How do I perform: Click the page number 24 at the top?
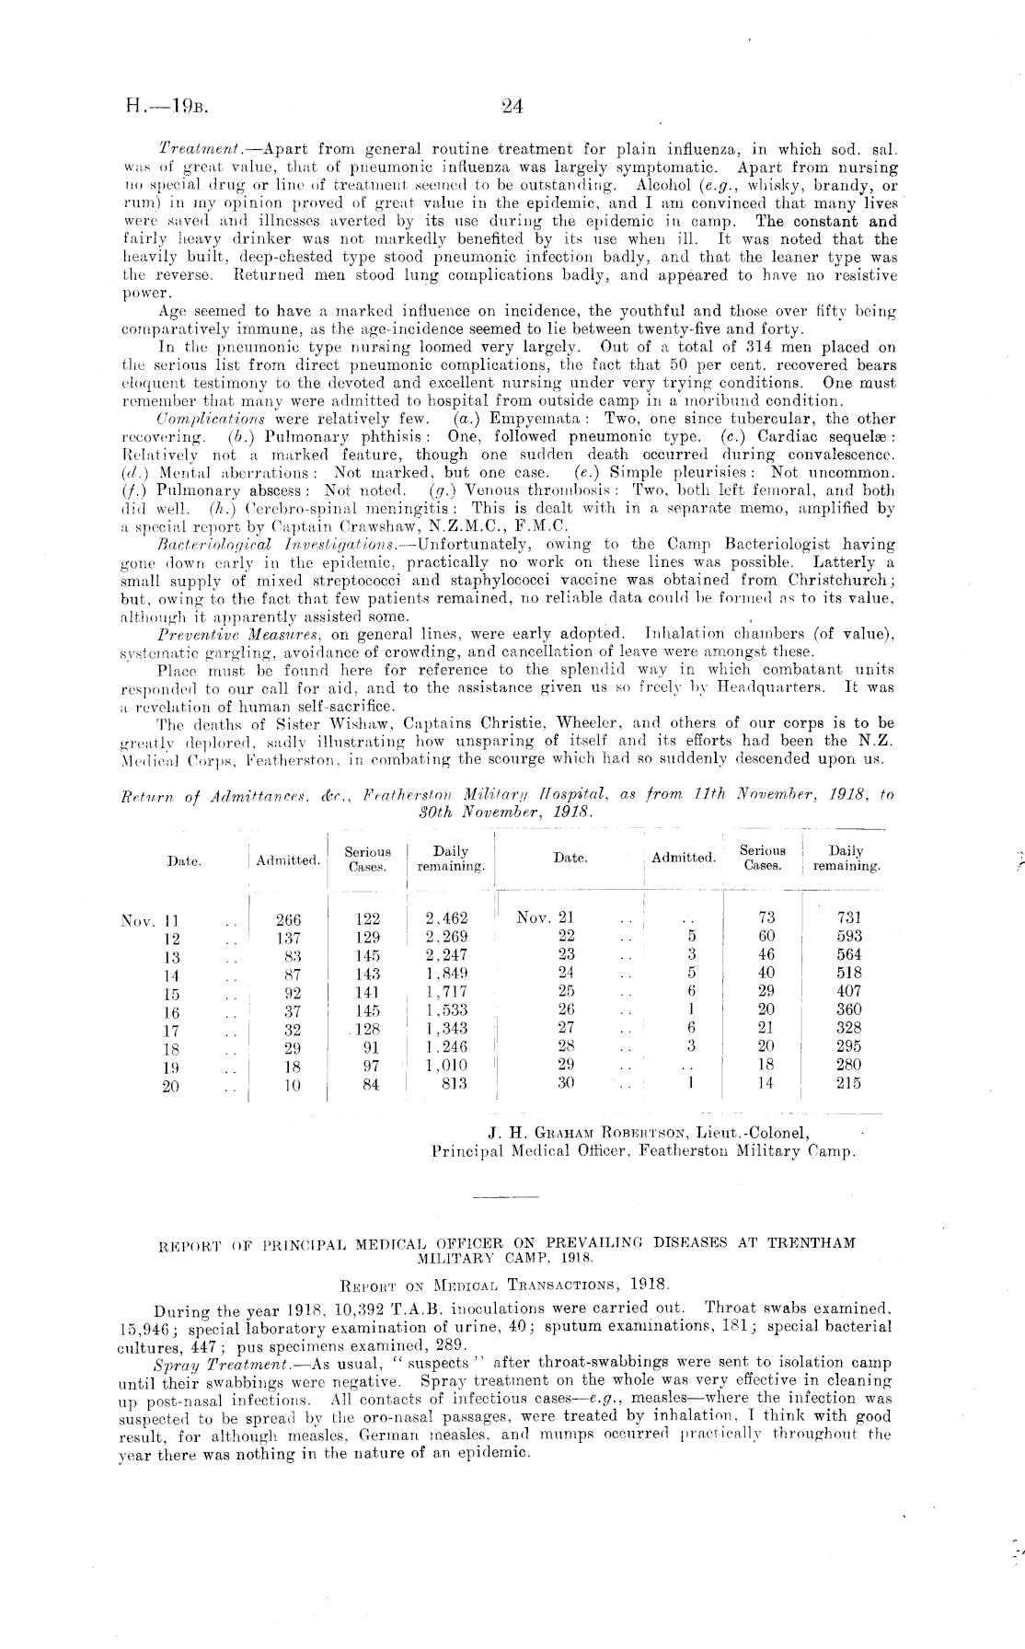point(512,107)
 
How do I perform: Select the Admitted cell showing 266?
point(288,918)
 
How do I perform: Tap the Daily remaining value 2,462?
point(447,918)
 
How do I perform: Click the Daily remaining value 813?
point(452,1084)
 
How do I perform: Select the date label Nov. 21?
point(546,917)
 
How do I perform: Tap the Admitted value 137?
point(288,938)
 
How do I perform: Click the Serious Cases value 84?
point(368,1085)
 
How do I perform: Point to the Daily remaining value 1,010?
point(447,1066)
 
